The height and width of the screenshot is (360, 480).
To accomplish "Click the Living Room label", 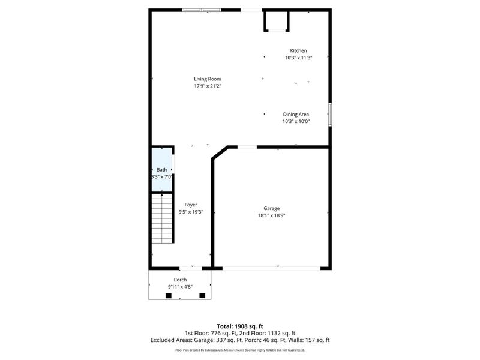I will [208, 79].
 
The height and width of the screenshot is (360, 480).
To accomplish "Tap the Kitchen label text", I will [298, 51].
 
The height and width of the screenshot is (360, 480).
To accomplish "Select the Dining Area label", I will [296, 114].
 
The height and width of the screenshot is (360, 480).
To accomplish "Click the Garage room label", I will [271, 208].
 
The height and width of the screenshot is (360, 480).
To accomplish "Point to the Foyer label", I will [191, 205].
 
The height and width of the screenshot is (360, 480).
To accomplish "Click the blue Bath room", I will [162, 170].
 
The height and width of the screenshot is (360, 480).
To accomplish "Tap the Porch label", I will [180, 280].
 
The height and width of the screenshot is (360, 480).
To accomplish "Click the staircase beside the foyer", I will [162, 219].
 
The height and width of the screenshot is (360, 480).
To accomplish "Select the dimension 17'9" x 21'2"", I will [208, 86].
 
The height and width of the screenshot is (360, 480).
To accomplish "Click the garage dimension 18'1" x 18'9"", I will [271, 215].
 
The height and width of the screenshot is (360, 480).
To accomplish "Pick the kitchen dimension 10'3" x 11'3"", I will [298, 58].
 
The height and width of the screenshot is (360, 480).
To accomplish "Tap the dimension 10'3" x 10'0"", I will [296, 121].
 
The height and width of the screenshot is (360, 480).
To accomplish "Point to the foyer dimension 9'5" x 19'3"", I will [191, 212].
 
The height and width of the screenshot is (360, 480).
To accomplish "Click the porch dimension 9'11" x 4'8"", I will [180, 287].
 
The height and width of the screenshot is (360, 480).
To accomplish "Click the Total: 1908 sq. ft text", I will [240, 326].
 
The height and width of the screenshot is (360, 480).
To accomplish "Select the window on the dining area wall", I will [329, 114].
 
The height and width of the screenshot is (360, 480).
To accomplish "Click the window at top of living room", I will [202, 10].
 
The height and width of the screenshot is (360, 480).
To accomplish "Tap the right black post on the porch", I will [202, 295].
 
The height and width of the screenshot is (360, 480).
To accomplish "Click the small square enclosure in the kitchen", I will [277, 21].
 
